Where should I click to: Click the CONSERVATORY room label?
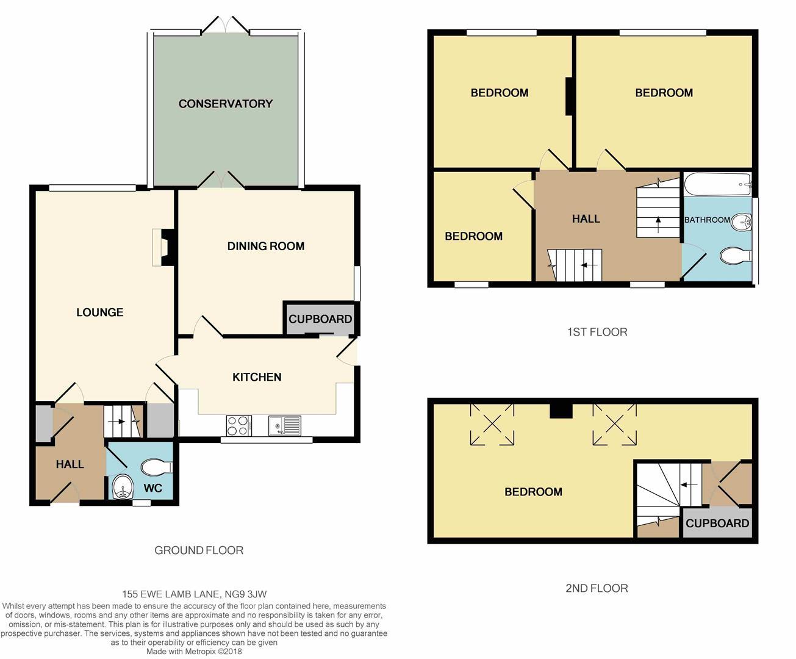(x=226, y=104)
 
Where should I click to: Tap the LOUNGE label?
(x=100, y=312)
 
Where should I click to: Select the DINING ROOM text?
(x=266, y=247)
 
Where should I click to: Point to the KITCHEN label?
(x=257, y=377)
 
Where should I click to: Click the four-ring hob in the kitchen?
(x=239, y=426)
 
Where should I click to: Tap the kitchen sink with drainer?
(x=284, y=426)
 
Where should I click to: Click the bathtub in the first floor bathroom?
(x=717, y=184)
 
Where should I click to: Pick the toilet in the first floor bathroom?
(x=736, y=256)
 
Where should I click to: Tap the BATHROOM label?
(x=707, y=220)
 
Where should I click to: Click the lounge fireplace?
(x=163, y=247)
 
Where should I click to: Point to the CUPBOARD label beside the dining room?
(x=320, y=319)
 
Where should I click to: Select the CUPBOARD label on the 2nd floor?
(x=717, y=524)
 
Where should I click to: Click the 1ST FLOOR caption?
(x=597, y=332)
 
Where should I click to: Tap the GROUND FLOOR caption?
(x=199, y=550)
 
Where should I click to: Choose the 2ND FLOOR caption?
(x=597, y=588)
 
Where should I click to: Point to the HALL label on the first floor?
(x=586, y=219)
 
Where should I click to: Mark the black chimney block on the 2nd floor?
(x=561, y=411)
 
